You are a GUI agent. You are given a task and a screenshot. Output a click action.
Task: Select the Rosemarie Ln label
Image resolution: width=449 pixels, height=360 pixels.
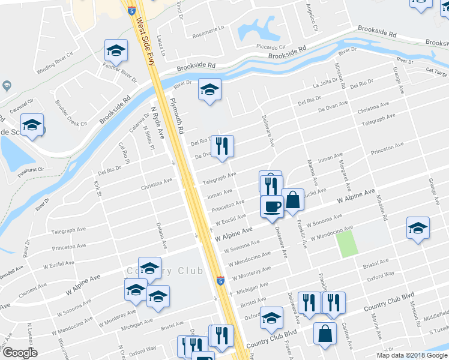pyautogui.click(x=208, y=28)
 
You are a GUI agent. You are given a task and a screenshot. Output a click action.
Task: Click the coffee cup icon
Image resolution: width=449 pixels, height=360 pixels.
pyautogui.click(x=271, y=206)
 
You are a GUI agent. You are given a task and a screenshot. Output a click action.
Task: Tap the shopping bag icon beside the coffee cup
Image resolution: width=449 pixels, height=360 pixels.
pyautogui.click(x=293, y=200)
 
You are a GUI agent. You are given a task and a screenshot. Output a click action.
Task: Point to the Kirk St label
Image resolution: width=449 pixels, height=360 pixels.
pyautogui.click(x=98, y=188)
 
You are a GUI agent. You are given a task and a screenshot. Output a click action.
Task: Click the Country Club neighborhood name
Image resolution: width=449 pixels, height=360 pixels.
pyautogui.click(x=164, y=271)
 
